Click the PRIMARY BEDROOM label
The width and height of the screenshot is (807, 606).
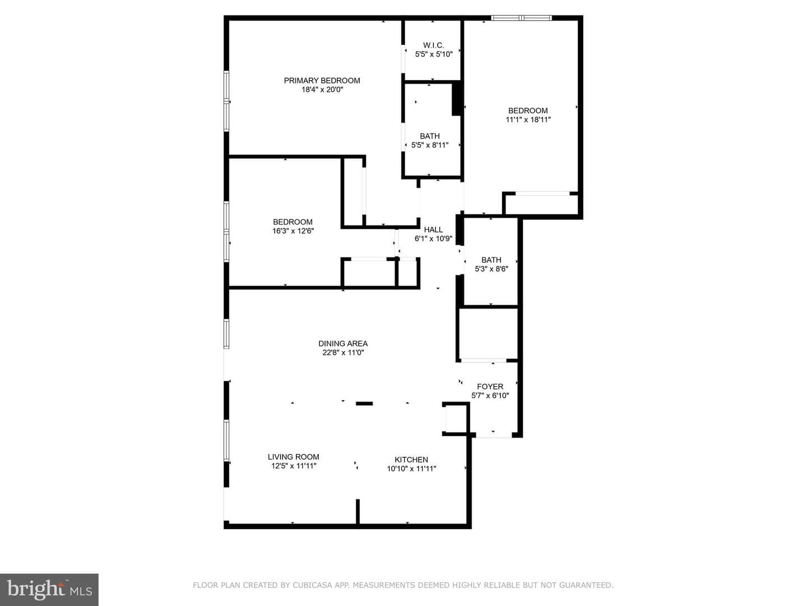pos(322,81)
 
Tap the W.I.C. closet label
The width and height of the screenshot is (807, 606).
pos(433,45)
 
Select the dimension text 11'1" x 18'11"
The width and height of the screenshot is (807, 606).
pos(528,120)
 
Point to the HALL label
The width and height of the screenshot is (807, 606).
pos(433,229)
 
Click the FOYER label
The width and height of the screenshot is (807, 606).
pos(490,387)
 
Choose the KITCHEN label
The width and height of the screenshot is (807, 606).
pos(411,460)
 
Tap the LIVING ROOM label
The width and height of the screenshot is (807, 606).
pos(294,457)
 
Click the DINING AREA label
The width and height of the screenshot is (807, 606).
pos(343,343)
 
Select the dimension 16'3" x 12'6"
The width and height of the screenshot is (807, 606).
pos(293,231)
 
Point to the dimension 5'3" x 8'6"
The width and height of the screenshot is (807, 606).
pos(491,269)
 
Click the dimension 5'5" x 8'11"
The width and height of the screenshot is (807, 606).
pos(430,145)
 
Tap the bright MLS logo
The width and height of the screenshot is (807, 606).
pos(49,590)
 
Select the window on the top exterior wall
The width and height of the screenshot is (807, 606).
pos(521,17)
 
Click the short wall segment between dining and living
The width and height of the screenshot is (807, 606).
pos(364,403)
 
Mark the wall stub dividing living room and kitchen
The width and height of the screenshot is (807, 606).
pos(358,511)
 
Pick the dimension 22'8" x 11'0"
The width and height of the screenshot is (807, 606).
pos(343,352)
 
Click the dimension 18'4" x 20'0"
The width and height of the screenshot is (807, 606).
pos(322,89)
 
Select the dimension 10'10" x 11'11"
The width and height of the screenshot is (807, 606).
pos(411,469)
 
